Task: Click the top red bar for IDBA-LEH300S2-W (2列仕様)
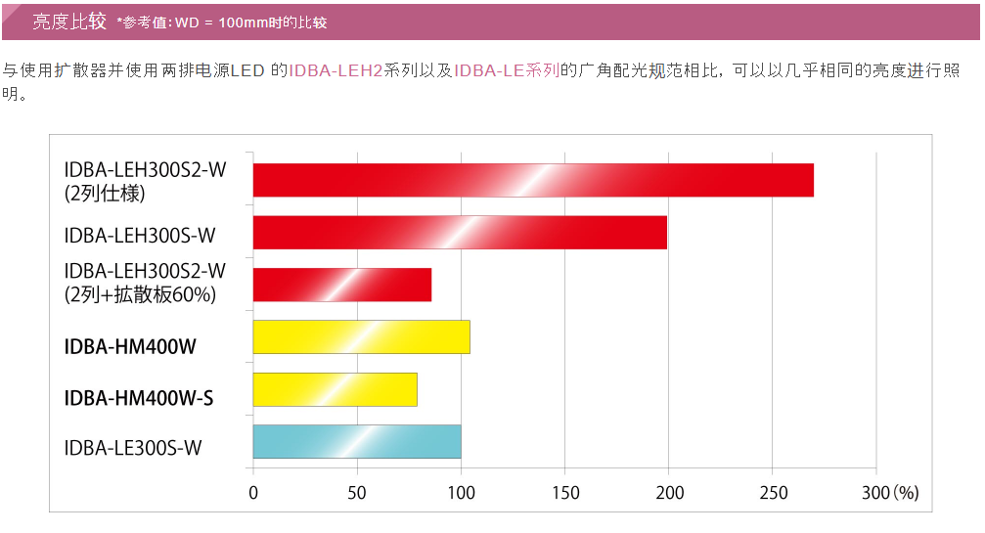tap(533, 180)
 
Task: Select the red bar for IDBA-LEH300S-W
tap(460, 233)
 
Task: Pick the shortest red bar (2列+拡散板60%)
tap(342, 285)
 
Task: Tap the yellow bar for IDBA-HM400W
tap(361, 337)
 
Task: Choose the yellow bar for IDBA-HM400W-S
tap(335, 389)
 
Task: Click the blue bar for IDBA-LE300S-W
tap(357, 442)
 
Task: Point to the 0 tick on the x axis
tap(253, 493)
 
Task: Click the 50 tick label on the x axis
tap(357, 493)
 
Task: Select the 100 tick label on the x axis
tap(461, 493)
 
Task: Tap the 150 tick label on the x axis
tap(564, 493)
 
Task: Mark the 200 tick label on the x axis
tap(668, 493)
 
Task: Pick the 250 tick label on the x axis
tap(772, 493)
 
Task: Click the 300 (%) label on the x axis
tap(890, 493)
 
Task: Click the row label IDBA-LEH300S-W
tap(140, 235)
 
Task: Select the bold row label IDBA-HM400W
tap(131, 345)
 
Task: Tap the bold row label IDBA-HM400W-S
tap(139, 398)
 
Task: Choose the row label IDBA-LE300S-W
tap(133, 449)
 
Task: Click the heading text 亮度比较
tap(69, 22)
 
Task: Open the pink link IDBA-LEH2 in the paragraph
tap(336, 70)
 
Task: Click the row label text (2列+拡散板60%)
tap(140, 293)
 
